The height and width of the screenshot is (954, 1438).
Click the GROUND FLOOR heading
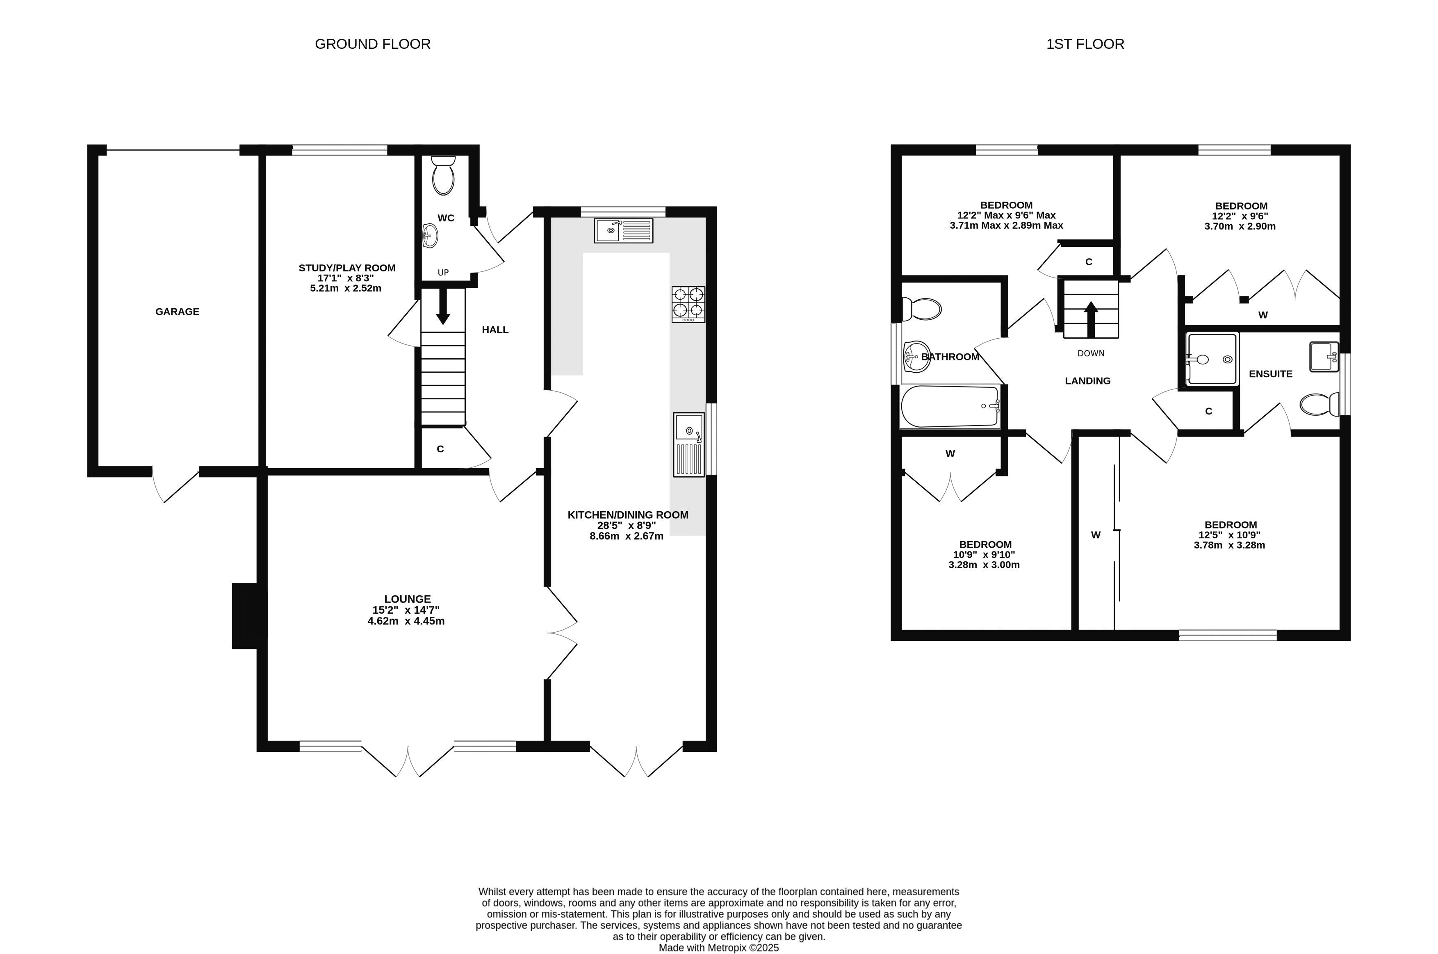click(x=372, y=44)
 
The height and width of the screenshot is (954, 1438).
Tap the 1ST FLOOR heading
click(x=1085, y=44)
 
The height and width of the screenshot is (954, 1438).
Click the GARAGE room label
click(x=177, y=312)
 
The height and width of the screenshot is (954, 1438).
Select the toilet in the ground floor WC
click(x=443, y=175)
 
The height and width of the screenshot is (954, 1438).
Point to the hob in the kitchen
click(x=688, y=304)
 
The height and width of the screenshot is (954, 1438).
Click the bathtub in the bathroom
click(x=950, y=406)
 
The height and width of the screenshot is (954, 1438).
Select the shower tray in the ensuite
click(x=1212, y=359)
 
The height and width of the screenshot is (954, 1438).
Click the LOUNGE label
click(x=407, y=599)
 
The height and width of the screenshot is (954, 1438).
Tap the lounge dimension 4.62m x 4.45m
click(x=406, y=621)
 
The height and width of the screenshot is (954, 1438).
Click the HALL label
click(x=495, y=330)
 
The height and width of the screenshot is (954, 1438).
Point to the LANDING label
click(x=1087, y=381)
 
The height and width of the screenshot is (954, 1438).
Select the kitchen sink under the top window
click(x=624, y=230)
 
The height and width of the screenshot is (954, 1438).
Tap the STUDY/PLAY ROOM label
click(x=347, y=268)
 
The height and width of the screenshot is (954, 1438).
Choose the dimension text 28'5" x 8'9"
click(x=627, y=525)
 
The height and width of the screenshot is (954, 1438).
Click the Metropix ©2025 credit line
click(x=719, y=948)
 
